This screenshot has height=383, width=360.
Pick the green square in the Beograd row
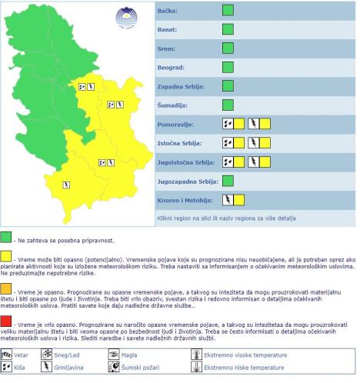point(228,67)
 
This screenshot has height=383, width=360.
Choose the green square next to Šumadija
point(228,105)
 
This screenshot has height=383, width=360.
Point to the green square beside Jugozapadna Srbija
point(228,181)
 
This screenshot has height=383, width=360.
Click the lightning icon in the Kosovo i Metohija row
point(228,200)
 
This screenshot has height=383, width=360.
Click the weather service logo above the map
point(124,16)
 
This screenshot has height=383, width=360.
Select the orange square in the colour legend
point(7,288)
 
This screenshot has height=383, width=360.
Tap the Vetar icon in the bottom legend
point(8,355)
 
